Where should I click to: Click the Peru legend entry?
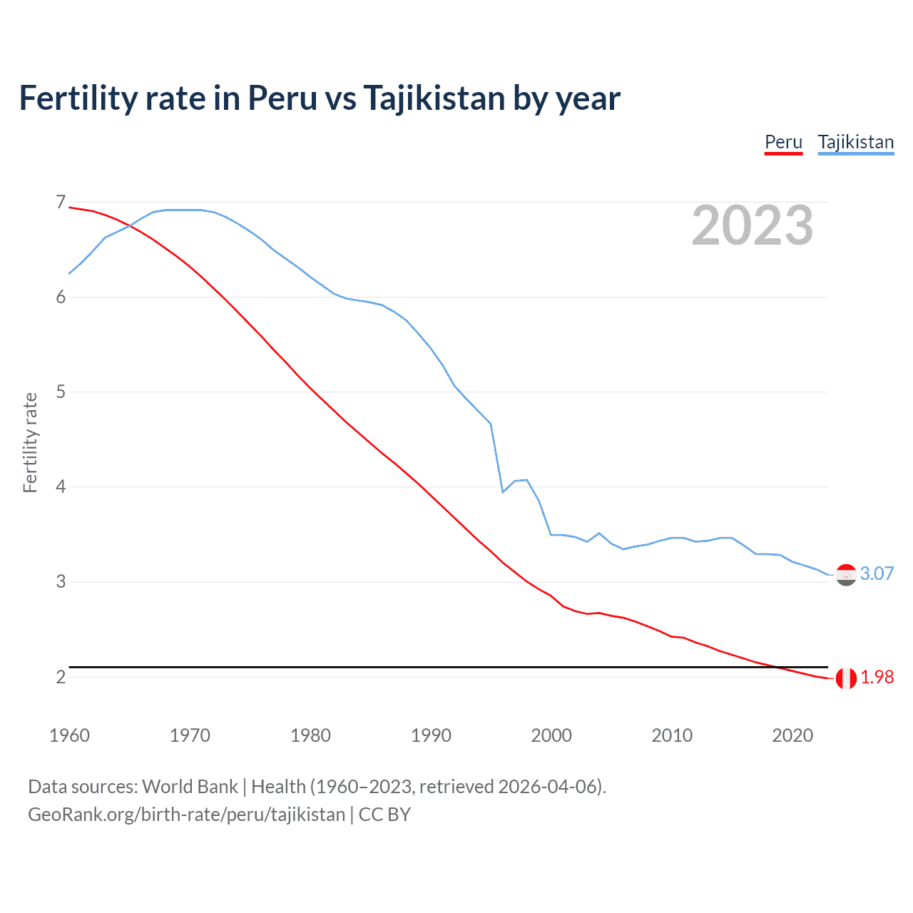click(x=783, y=142)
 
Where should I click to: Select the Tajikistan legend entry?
click(x=855, y=142)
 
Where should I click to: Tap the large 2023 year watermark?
click(x=752, y=225)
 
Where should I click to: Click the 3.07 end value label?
click(x=877, y=573)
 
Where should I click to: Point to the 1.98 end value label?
click(x=877, y=677)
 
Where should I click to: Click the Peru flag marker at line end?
click(x=846, y=678)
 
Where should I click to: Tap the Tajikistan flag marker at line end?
click(x=846, y=574)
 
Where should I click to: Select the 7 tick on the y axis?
click(x=61, y=202)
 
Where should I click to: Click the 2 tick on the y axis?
click(x=61, y=677)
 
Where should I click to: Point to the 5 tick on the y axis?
click(x=61, y=392)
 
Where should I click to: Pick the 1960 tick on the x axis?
click(x=69, y=735)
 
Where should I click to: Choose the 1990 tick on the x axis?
click(x=431, y=735)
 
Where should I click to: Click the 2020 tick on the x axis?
click(x=792, y=735)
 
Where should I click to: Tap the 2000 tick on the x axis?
click(x=551, y=735)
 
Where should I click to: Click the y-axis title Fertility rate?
click(x=30, y=442)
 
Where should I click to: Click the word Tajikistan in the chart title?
click(x=434, y=98)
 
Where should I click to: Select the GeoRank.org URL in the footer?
click(x=186, y=814)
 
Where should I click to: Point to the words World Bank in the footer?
click(x=190, y=786)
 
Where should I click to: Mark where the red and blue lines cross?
click(x=130, y=226)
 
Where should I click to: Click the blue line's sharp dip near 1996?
click(x=503, y=492)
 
